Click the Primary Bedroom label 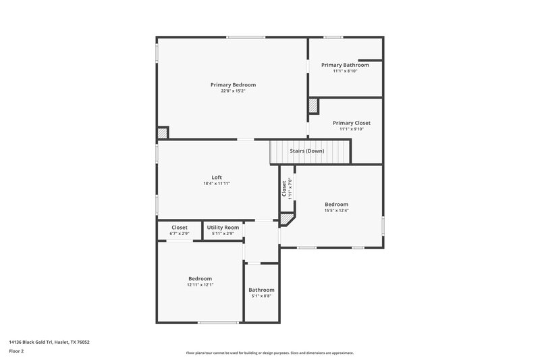(233, 84)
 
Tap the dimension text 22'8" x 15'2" (233, 91)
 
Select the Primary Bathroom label (345, 65)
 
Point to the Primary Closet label (351, 123)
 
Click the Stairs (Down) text (307, 151)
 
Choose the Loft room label (216, 177)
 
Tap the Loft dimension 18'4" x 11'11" (216, 184)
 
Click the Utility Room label (223, 228)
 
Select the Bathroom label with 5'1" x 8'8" (261, 290)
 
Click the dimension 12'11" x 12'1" (200, 285)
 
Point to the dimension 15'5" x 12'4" (336, 211)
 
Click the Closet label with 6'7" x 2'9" (180, 228)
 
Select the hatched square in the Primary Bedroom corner (163, 133)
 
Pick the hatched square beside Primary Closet (313, 105)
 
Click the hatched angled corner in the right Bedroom (287, 220)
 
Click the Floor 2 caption (17, 351)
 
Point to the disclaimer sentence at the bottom (269, 353)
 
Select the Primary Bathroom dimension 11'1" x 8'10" (345, 71)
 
